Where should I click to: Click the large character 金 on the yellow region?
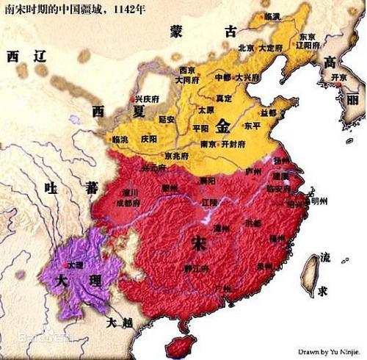coord(222,126)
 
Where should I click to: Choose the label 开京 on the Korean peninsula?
coord(338,76)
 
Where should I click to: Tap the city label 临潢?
coord(272,15)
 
